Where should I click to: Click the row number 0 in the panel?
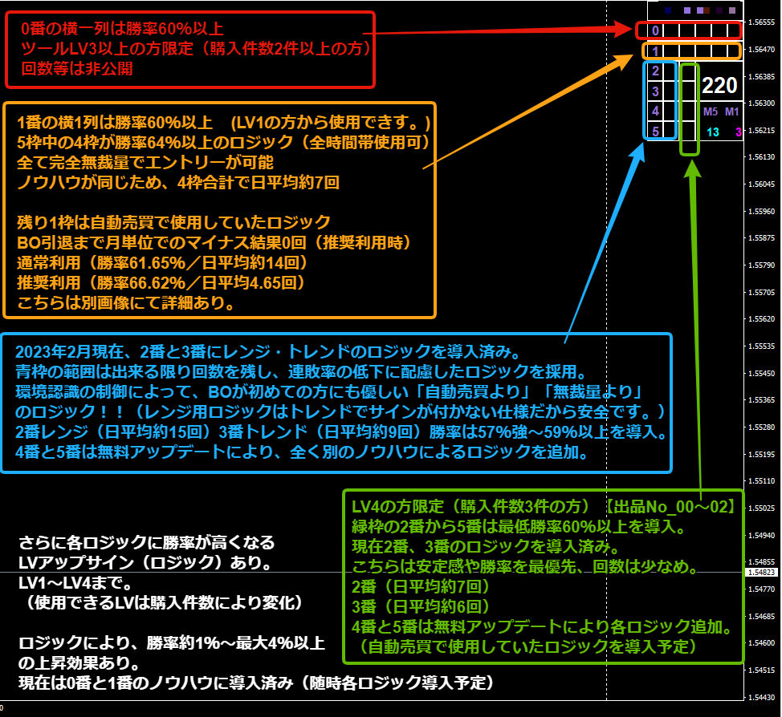pos(655,30)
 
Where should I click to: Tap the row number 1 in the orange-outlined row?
pos(655,51)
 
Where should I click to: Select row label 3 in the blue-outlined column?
pos(655,91)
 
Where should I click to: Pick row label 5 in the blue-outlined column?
pos(655,132)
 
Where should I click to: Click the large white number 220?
pos(719,85)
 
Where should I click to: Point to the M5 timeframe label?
pos(711,111)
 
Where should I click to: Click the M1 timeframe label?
pos(731,111)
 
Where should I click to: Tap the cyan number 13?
pos(713,132)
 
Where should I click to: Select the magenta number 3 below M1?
pos(739,132)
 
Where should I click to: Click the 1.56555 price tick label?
pos(762,22)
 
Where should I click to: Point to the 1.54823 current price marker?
pos(762,573)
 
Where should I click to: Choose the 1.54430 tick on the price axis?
pos(762,697)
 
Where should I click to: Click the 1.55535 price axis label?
pos(762,346)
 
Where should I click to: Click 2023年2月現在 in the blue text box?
pos(69,352)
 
